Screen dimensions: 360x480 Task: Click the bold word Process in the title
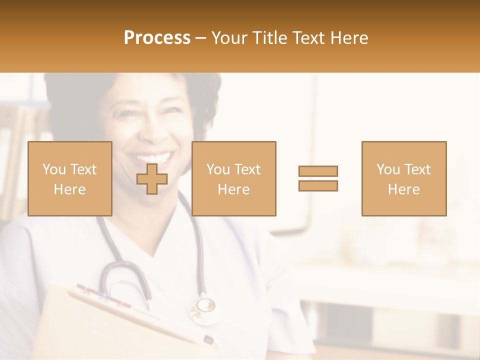[157, 38]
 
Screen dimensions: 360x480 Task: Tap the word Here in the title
[349, 38]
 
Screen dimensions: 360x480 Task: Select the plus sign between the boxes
[152, 179]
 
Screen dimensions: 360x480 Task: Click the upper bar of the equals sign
[318, 171]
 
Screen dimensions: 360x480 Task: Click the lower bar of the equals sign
[318, 185]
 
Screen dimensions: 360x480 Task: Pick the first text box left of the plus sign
[70, 178]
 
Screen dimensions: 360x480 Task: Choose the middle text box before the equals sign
[234, 178]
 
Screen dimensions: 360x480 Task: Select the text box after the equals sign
[404, 178]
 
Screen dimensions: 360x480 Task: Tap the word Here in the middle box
[234, 189]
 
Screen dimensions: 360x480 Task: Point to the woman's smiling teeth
[150, 159]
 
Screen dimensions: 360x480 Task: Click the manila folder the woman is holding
[100, 325]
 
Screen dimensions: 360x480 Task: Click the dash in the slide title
[201, 38]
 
